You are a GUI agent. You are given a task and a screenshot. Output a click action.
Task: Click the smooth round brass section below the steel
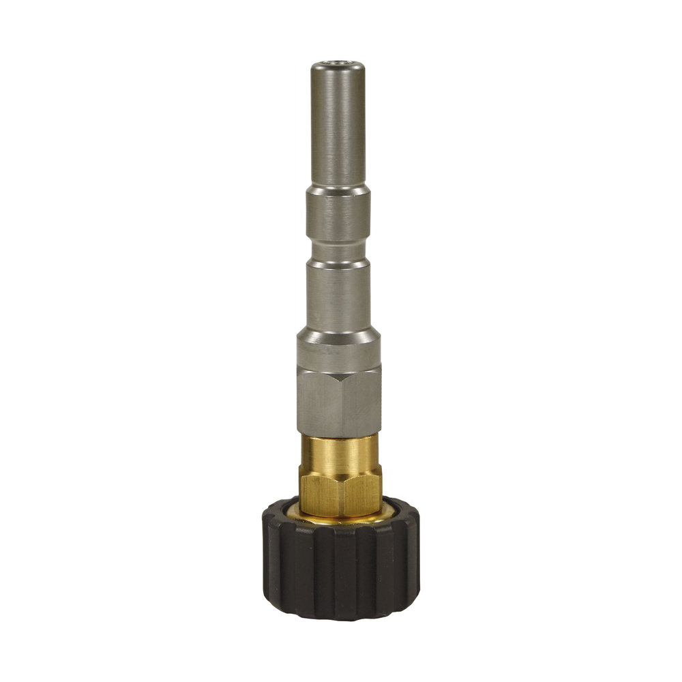tap(339, 451)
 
